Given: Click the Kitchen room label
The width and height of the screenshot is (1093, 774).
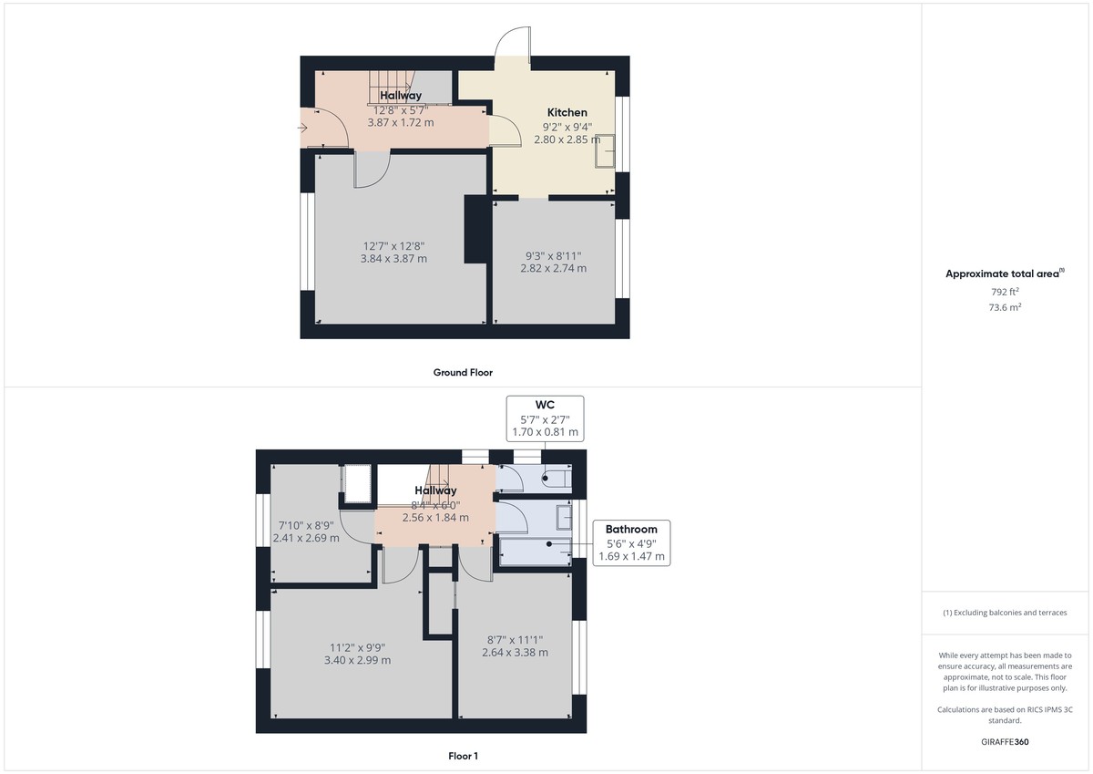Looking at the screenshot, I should pos(567,113).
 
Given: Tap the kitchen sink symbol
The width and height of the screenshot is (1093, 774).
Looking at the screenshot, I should pos(604,151).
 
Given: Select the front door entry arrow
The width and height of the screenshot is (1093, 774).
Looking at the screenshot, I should pos(302,129).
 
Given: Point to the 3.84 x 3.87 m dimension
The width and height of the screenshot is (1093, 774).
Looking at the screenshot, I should pos(393,259).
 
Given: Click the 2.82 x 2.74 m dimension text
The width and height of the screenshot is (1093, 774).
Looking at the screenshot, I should pos(553,268).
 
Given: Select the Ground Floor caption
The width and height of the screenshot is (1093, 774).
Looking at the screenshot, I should pos(463,372).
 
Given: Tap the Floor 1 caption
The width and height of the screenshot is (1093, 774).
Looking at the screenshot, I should pos(463,756).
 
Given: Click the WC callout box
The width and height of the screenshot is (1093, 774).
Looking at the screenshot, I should pos(545,418).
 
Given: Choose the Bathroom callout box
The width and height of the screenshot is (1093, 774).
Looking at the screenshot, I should pos(631,542).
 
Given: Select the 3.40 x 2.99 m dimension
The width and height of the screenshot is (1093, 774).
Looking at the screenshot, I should pos(359,660).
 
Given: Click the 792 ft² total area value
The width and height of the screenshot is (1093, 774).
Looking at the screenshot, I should pos(1005,292).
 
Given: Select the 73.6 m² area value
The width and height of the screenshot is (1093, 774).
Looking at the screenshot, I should pos(1005,308).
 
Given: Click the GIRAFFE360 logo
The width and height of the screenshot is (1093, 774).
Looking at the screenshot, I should pos(1005,742).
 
